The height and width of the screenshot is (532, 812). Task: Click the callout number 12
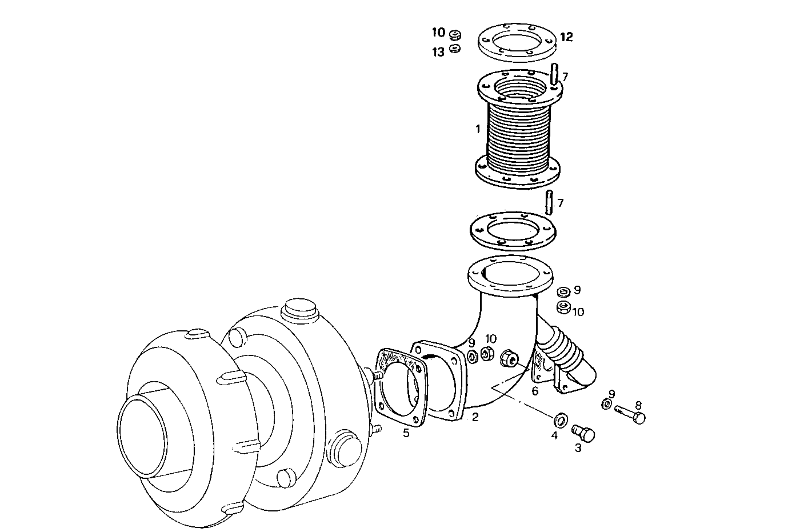566,37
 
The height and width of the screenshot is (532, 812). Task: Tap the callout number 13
438,53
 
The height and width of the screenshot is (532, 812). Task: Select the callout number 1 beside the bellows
478,129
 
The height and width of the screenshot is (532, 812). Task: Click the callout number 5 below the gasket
406,433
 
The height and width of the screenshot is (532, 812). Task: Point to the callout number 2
475,417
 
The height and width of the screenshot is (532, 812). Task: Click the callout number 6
535,391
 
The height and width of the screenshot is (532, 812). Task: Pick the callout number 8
638,405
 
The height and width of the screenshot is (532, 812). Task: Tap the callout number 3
578,449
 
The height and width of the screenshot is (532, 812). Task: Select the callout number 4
554,435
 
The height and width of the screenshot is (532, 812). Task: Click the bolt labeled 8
631,413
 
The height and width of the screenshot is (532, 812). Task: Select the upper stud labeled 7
554,75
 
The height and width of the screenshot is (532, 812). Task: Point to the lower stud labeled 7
549,203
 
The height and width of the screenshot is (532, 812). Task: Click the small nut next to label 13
455,49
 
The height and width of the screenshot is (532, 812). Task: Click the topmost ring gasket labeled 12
517,41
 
